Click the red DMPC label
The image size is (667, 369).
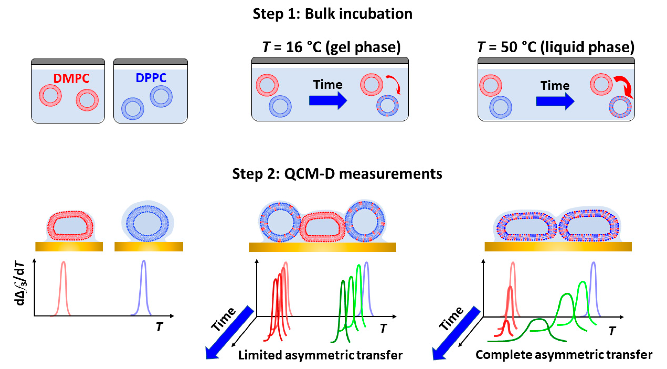pos(71,78)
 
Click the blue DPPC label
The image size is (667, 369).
pos(151,78)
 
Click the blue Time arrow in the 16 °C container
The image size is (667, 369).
pos(327,100)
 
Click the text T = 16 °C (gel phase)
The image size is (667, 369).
pos(331,47)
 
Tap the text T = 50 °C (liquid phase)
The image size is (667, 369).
pos(556,47)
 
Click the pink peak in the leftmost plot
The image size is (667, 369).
pos(63,285)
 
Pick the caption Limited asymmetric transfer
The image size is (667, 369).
pos(320,355)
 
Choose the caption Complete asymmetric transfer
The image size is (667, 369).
pos(564,354)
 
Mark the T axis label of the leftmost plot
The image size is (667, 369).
pos(159,327)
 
